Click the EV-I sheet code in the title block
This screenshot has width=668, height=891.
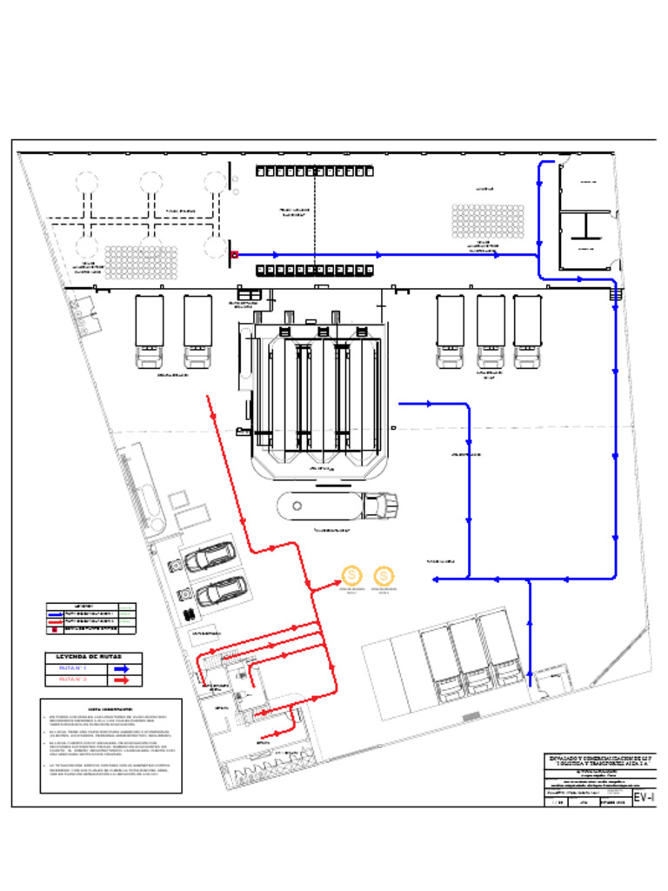643,798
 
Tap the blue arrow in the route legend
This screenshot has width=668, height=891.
121,668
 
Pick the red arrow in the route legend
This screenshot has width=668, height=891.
121,680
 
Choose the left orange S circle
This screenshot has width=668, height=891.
352,575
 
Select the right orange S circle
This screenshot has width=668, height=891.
383,575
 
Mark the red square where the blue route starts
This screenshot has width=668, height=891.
234,255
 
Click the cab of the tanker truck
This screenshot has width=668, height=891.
381,505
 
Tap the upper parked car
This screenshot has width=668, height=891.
209,557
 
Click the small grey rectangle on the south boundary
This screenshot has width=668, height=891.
471,716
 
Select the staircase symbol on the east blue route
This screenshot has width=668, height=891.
616,295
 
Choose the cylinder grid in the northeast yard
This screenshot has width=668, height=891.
487,221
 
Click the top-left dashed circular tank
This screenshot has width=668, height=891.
85,182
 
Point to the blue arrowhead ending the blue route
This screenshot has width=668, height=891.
437,579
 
